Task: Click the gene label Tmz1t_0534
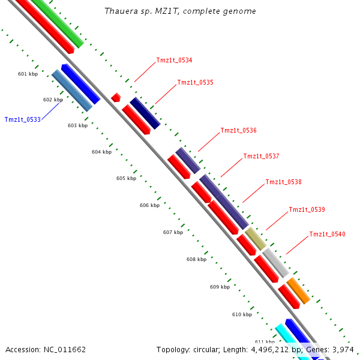[x=174, y=60]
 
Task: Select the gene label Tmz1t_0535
[x=195, y=82]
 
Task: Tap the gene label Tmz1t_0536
[x=238, y=130]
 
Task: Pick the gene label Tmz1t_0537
[x=261, y=156]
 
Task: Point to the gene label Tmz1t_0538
[x=283, y=182]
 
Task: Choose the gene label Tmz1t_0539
[x=307, y=209]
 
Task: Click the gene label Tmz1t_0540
[x=327, y=234]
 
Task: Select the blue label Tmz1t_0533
[x=22, y=119]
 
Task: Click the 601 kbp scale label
[x=28, y=74]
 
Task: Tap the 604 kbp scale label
[x=101, y=152]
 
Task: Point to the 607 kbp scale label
[x=173, y=232]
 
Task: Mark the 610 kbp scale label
[x=242, y=314]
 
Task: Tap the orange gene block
[x=298, y=290]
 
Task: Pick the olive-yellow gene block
[x=255, y=238]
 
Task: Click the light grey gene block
[x=276, y=263]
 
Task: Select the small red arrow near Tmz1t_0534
[x=116, y=97]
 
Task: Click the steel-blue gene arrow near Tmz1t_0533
[x=72, y=90]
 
